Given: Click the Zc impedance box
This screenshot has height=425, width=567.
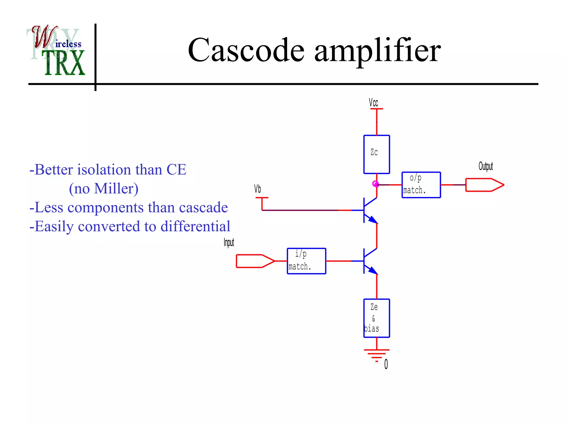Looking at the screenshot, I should pos(377,154).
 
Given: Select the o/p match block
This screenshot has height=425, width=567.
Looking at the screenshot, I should pos(421,185).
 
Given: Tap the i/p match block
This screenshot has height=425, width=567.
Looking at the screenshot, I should pos(306,261).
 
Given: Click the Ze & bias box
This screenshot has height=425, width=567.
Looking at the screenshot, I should pos(377,318).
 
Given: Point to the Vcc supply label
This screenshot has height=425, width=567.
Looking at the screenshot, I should pos(373,103).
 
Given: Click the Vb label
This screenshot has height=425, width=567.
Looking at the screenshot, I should pos(257,189).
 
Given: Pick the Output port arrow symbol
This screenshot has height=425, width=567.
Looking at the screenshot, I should pos(484,185).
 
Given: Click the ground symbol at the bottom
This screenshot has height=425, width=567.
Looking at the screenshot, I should pos(377,355).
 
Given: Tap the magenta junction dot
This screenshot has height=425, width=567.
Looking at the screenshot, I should pos(375,184).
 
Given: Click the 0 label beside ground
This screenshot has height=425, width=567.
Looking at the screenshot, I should pos(386,364).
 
